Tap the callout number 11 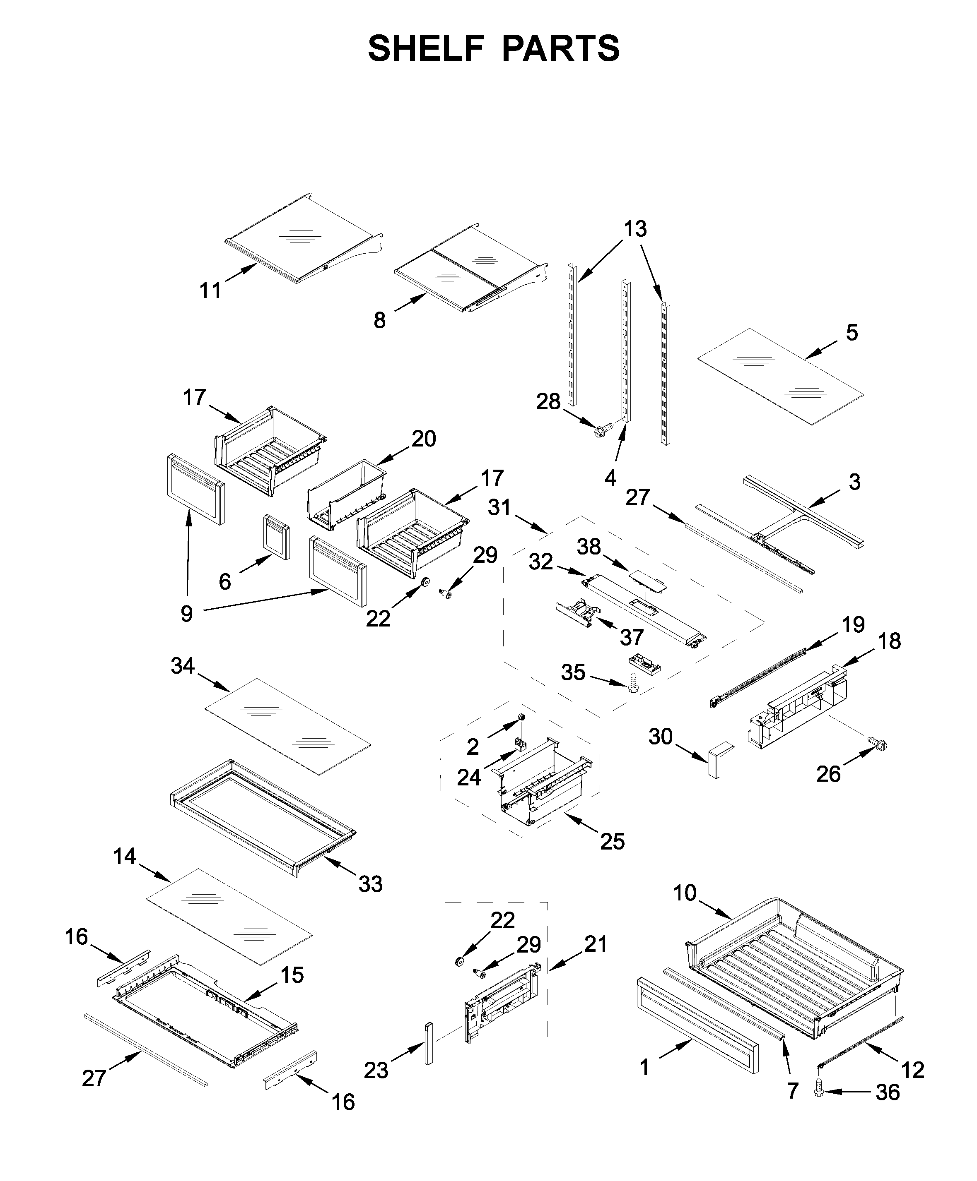tap(210, 291)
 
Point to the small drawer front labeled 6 tap(276, 537)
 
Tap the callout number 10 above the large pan tap(685, 893)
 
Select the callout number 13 tap(635, 229)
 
